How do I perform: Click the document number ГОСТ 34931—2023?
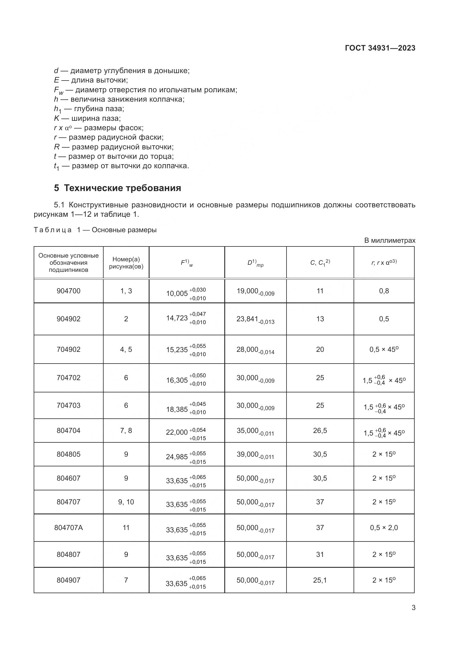click(380, 48)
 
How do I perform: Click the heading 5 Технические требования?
click(117, 188)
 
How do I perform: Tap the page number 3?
click(413, 607)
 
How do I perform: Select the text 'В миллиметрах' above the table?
click(390, 240)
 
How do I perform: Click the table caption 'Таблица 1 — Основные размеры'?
click(95, 230)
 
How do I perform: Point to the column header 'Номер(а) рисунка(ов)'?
click(126, 263)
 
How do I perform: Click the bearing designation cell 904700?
click(68, 291)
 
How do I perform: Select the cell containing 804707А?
click(68, 527)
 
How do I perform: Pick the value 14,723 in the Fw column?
click(177, 318)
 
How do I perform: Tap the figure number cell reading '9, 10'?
click(126, 501)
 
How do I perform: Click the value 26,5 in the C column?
click(320, 430)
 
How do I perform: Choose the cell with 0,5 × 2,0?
click(384, 527)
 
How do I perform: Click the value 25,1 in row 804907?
click(320, 580)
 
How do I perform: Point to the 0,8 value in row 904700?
click(384, 291)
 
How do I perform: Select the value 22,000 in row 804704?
click(177, 432)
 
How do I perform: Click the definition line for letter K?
click(87, 118)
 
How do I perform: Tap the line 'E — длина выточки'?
click(91, 80)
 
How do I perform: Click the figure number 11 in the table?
click(126, 527)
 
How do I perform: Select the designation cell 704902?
click(68, 349)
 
